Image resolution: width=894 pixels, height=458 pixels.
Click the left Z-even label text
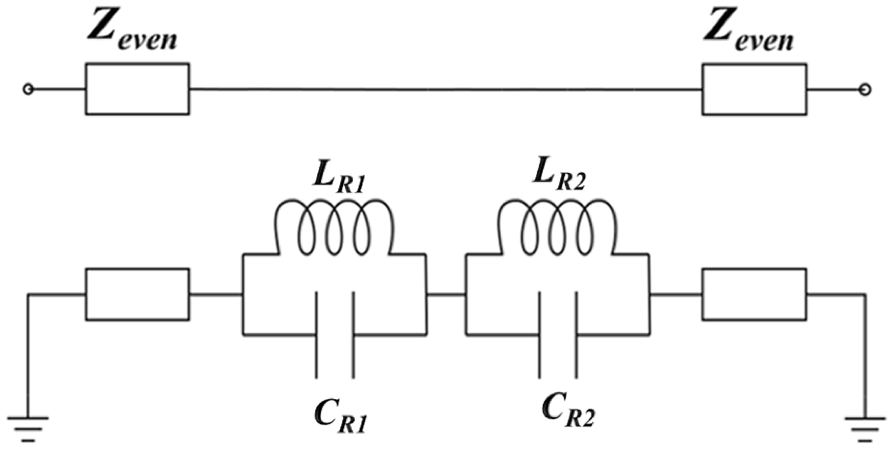(x=132, y=35)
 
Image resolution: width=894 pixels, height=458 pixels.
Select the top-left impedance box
(x=138, y=89)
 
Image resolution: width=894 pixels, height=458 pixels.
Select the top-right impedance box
(x=754, y=89)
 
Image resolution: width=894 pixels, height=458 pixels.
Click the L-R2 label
(x=559, y=181)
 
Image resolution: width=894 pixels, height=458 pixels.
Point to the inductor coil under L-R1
(x=334, y=227)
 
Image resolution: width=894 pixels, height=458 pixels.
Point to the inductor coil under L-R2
(x=558, y=227)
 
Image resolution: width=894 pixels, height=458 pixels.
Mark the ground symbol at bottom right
(x=865, y=429)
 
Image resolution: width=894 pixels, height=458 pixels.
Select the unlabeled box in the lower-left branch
(x=138, y=294)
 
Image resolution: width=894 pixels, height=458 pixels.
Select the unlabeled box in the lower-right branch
(x=754, y=294)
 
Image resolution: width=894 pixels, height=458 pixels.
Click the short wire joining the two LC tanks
(x=446, y=295)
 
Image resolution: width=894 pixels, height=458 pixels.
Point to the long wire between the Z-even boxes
(x=446, y=90)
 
